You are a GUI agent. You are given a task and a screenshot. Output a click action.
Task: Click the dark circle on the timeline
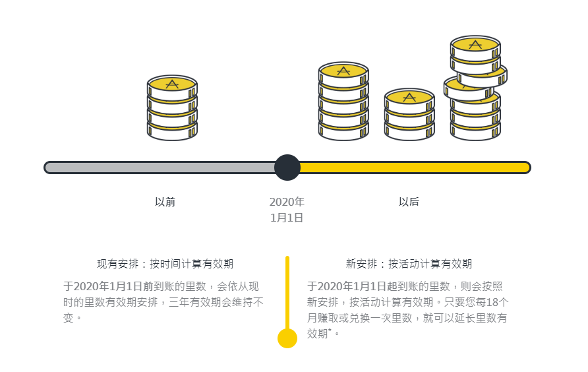tap(287, 168)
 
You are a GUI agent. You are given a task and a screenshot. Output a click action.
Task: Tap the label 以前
tap(165, 202)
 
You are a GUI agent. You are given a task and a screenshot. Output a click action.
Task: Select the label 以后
tap(409, 202)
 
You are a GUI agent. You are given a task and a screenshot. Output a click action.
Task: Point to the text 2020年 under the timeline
tap(287, 202)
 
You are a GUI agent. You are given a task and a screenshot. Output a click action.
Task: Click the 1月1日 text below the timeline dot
tap(287, 218)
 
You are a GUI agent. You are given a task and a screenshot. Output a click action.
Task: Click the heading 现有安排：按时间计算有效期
tap(165, 264)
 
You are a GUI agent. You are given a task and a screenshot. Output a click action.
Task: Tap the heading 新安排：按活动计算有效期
tap(409, 264)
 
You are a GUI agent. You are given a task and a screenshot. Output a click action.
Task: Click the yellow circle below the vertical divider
tap(287, 338)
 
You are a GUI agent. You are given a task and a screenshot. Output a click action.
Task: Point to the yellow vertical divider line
tap(287, 293)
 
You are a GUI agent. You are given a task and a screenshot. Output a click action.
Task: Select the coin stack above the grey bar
tap(172, 108)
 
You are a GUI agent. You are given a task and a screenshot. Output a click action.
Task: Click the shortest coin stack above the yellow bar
tap(409, 115)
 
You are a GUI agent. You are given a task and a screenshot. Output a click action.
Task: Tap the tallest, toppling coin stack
tap(475, 88)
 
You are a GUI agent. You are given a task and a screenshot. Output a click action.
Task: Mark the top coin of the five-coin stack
tap(343, 75)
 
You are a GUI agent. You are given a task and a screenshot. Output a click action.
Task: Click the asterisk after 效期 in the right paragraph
tap(330, 330)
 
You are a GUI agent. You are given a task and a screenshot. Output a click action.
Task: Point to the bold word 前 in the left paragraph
tap(148, 286)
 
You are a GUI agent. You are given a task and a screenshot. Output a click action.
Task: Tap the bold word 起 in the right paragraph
tap(392, 286)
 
